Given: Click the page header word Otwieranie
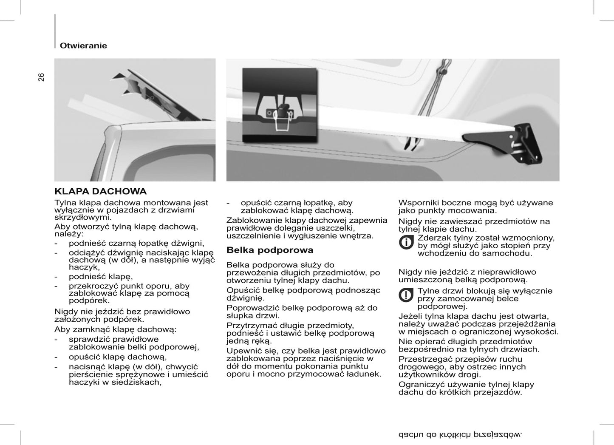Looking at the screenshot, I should [83, 45].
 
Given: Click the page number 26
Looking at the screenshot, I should [41, 77].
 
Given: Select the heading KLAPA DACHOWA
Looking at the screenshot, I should [101, 191].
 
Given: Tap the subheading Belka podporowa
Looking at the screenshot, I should [270, 250].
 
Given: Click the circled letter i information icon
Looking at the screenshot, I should [406, 242].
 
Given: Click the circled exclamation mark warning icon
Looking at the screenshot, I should [406, 295].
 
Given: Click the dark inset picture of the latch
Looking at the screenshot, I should [280, 105].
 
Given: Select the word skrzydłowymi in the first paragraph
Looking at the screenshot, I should [82, 217].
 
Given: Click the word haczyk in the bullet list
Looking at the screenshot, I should [84, 267].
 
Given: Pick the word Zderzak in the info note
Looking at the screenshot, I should [434, 238].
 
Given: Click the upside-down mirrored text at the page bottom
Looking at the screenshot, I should [460, 434].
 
